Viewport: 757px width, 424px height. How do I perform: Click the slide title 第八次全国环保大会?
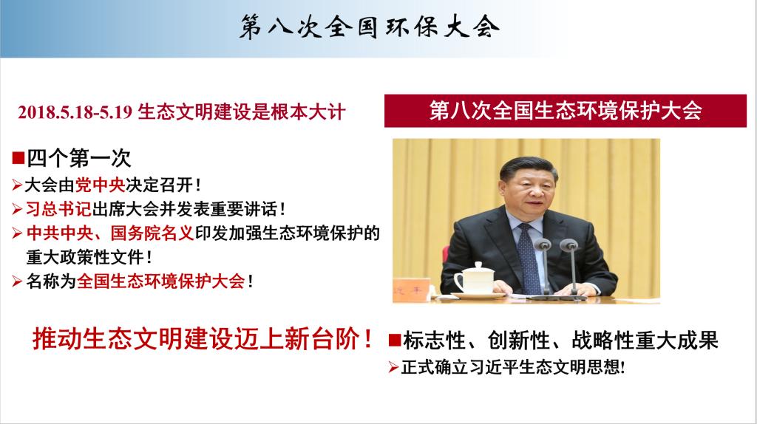pos(370,27)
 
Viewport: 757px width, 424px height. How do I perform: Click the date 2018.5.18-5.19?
pos(75,112)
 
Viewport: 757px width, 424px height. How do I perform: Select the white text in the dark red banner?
pos(566,111)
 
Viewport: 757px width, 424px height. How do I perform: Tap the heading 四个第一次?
pos(78,158)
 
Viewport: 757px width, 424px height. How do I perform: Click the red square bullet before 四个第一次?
pos(18,158)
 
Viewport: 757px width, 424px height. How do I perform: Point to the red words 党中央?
pos(100,185)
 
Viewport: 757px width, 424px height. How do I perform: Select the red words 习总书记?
pos(58,209)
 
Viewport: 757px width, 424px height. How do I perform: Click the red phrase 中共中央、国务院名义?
pos(110,233)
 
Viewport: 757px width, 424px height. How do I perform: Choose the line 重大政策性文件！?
pos(89,257)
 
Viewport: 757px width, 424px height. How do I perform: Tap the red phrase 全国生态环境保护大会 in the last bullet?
pos(160,281)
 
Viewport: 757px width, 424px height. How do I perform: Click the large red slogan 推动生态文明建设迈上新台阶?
pos(203,338)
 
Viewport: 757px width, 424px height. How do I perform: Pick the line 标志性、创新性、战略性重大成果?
pos(560,340)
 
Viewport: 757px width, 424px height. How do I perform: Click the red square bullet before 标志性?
pos(395,341)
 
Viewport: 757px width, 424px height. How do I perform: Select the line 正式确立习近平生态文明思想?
pos(513,367)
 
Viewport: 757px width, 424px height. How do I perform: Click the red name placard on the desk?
pos(411,290)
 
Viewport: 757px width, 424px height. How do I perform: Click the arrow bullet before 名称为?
pos(18,281)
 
